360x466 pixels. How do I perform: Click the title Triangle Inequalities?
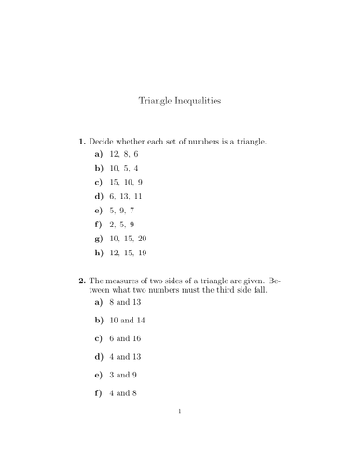click(179, 98)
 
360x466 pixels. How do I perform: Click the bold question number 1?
click(81, 142)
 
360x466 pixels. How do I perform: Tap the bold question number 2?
click(81, 281)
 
